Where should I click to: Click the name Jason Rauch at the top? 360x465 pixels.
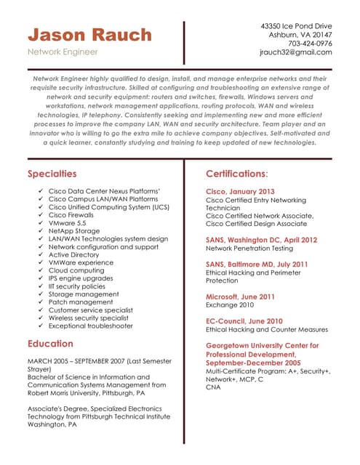(89, 35)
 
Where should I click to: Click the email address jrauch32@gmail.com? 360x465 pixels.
(295, 52)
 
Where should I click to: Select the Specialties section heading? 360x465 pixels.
(52, 174)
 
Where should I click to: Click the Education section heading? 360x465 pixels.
(50, 344)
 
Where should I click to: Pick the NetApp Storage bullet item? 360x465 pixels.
(74, 231)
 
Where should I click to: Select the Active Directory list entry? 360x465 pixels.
(73, 255)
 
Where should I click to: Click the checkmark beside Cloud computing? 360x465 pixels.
(39, 270)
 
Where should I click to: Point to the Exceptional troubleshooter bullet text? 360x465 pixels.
(91, 326)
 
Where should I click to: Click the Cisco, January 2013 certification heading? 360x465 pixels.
(241, 191)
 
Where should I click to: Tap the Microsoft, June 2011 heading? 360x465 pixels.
(240, 296)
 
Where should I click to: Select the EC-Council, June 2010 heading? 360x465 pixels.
(244, 320)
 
